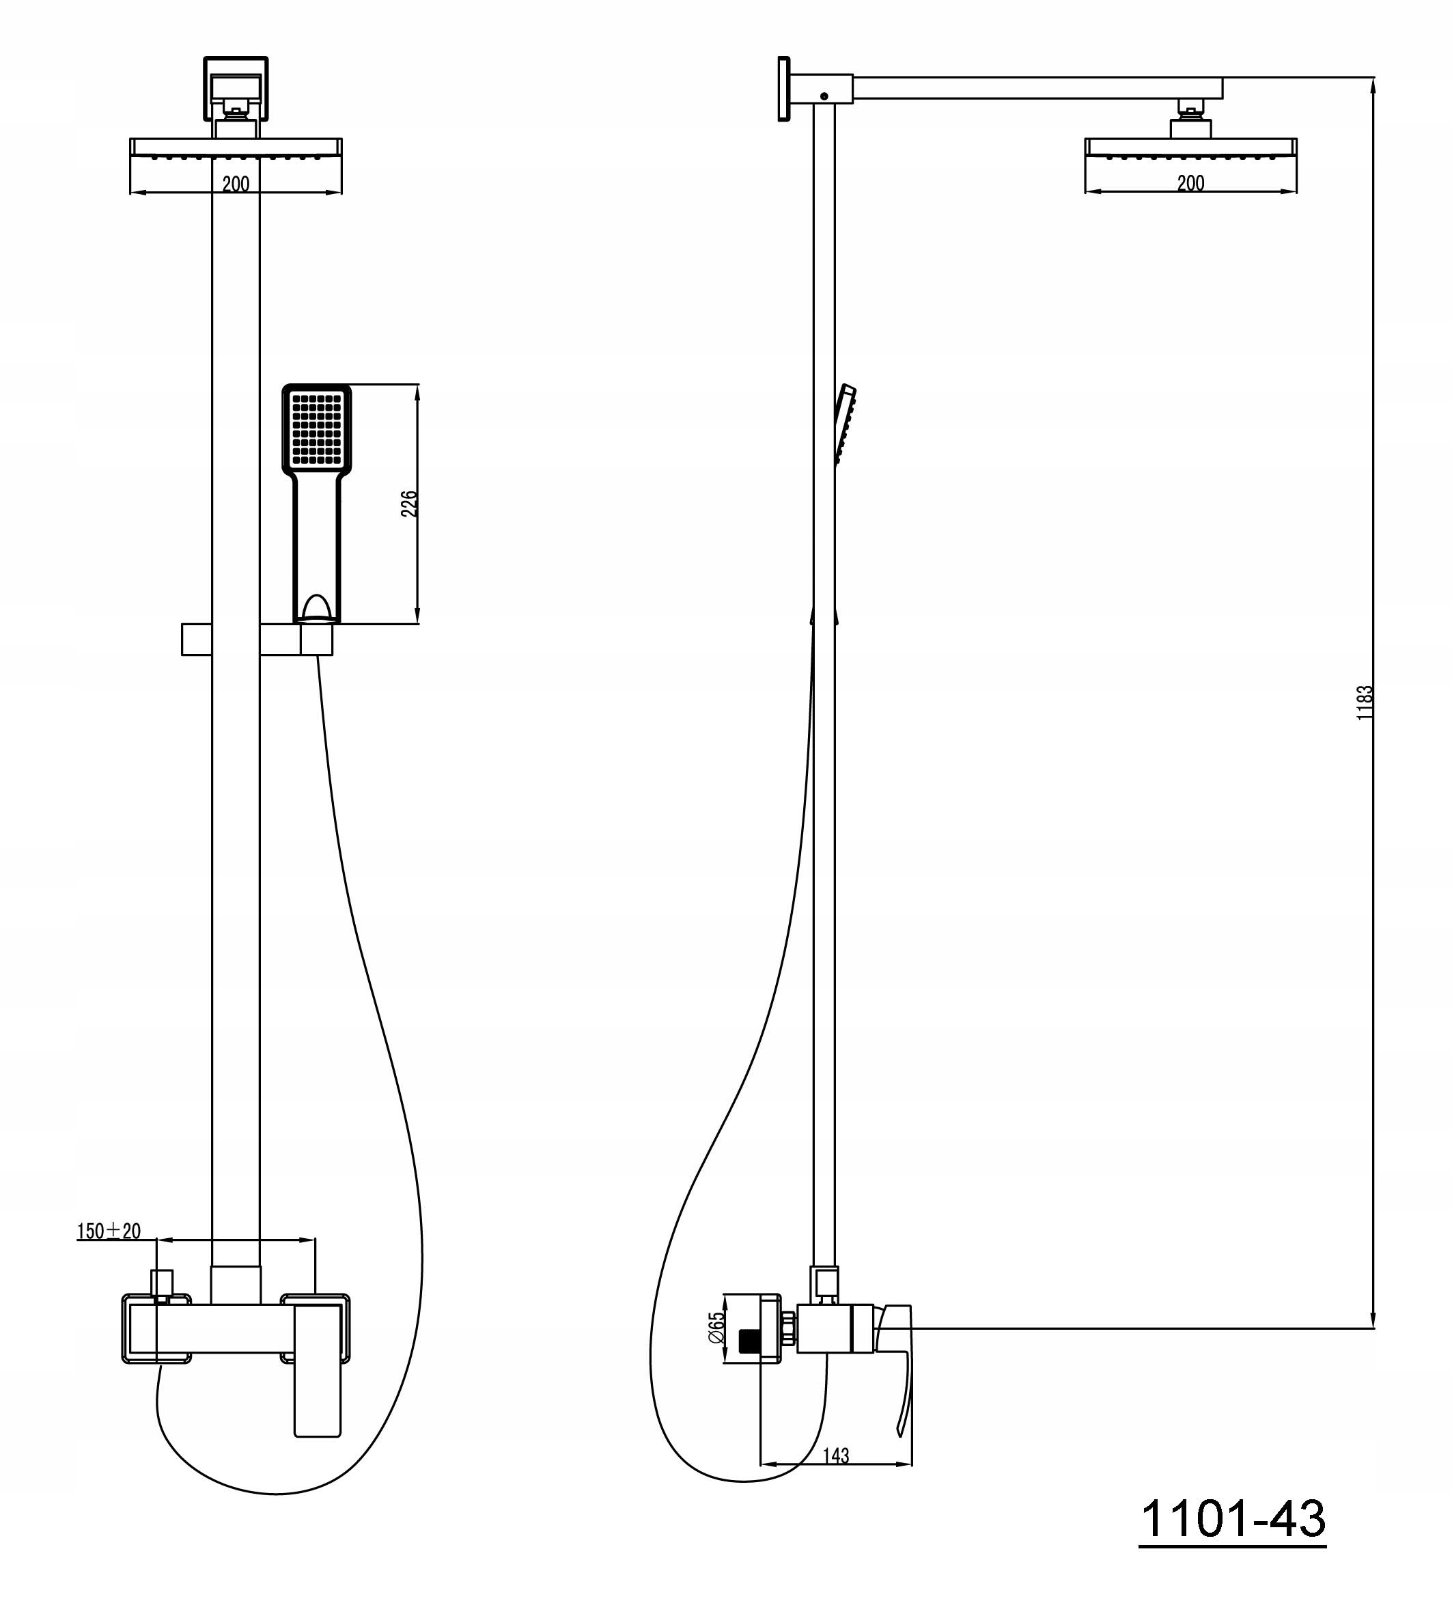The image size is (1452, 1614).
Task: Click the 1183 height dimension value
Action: (1365, 702)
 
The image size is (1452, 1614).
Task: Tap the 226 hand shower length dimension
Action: (408, 504)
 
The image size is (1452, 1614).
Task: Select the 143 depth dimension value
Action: (835, 1456)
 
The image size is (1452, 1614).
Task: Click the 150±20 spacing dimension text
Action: (109, 1231)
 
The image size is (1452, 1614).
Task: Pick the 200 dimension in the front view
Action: (236, 184)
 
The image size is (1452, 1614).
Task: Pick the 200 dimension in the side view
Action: (1190, 183)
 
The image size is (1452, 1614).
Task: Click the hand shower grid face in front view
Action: (317, 428)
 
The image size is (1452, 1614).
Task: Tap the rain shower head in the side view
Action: (1190, 148)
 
